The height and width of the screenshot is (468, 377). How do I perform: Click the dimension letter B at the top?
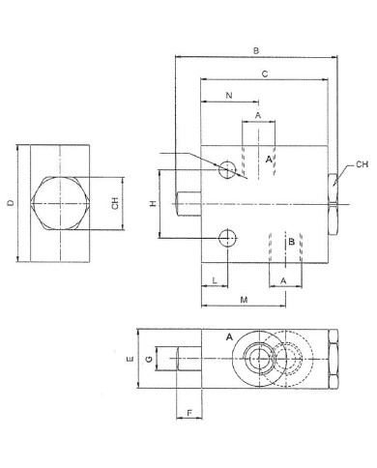[255, 49]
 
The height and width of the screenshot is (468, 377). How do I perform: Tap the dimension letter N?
[228, 96]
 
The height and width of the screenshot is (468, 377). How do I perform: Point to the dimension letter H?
[152, 204]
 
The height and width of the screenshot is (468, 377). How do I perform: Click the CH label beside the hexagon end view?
[115, 204]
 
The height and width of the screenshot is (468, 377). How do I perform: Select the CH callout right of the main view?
[361, 165]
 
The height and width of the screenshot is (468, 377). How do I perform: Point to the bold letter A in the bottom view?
[228, 336]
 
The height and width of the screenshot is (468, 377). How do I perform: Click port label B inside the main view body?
[291, 243]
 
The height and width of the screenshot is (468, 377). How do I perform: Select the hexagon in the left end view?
[60, 204]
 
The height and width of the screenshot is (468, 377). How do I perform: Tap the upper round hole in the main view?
[227, 170]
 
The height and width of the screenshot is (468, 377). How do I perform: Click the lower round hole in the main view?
[227, 237]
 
